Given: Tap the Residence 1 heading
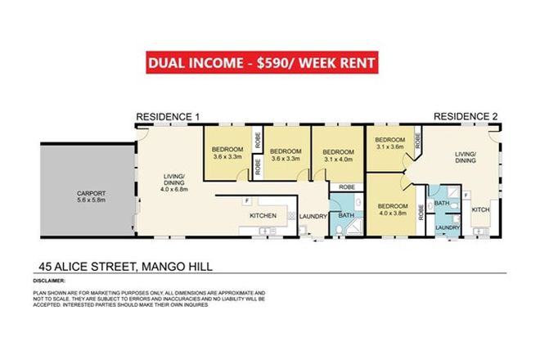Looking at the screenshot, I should (168, 117).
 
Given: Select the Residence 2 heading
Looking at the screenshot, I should (466, 117).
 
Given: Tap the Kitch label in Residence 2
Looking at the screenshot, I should (480, 210).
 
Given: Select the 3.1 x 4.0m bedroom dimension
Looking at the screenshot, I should (337, 160).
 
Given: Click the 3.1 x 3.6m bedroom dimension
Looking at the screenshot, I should (389, 147).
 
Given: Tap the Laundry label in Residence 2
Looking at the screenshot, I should (446, 227).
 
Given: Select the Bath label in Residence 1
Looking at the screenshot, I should (346, 216).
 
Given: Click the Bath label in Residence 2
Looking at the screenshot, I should (443, 202).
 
